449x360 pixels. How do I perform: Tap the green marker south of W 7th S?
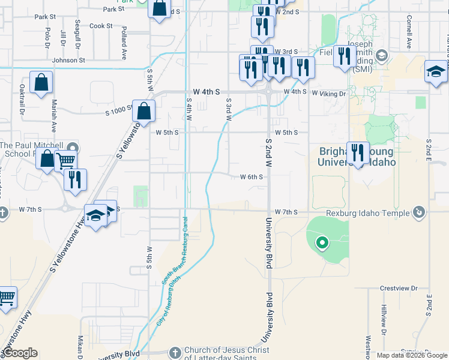tap(322, 243)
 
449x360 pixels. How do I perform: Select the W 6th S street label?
tap(252, 177)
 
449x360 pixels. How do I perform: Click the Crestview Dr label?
tap(399, 289)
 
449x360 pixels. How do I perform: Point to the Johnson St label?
tap(68, 60)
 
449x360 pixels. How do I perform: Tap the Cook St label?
tap(101, 26)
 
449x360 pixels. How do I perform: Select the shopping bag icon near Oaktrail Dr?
tap(41, 83)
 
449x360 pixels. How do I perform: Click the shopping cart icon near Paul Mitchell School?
tap(65, 160)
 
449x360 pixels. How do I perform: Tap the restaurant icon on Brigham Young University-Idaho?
tap(358, 152)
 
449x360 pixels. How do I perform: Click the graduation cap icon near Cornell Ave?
tap(436, 71)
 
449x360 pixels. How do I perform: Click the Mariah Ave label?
tap(54, 116)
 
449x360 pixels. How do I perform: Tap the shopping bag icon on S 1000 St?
tap(144, 110)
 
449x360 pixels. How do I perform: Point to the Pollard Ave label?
tap(124, 42)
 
